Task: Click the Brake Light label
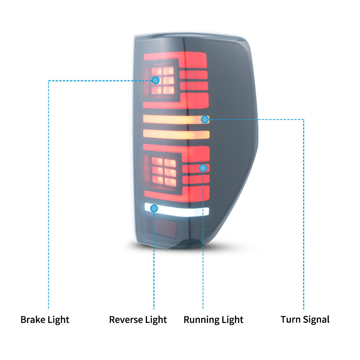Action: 45,320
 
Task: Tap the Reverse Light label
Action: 138,320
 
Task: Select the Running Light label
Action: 213,320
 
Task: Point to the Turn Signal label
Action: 305,320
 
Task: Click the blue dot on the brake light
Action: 156,80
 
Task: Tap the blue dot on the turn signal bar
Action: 205,120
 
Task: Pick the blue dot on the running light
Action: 203,168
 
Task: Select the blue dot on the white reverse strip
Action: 154,208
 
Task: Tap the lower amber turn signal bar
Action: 176,134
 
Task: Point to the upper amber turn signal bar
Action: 176,120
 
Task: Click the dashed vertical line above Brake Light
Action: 49,195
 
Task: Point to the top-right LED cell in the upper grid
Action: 168,71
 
